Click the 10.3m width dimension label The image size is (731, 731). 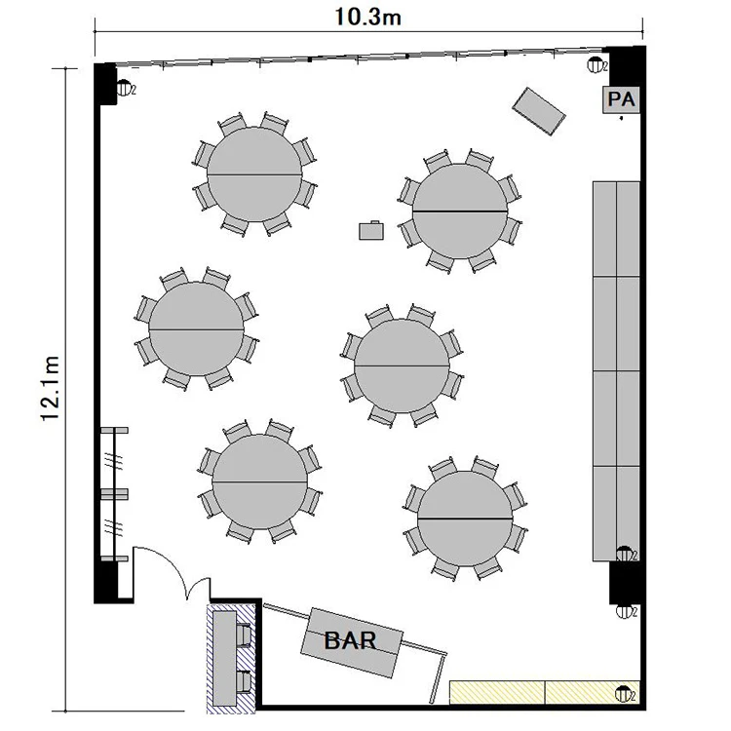(367, 18)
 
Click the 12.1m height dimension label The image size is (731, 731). (51, 388)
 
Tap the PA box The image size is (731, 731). (621, 99)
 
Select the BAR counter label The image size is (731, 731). (350, 640)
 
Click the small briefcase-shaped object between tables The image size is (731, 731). (371, 230)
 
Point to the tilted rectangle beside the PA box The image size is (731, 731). (538, 111)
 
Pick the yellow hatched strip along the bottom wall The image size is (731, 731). (545, 692)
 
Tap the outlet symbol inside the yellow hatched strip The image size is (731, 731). (624, 695)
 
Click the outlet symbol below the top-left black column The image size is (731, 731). (124, 88)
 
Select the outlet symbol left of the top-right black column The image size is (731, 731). (596, 64)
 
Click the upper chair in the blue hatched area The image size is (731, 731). (245, 635)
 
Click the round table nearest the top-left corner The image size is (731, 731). (254, 174)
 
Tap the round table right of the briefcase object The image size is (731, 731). (460, 212)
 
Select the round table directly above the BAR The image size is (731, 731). (259, 481)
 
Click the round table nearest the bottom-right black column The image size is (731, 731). (465, 519)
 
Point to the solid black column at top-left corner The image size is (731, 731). (105, 84)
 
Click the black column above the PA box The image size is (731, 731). (625, 66)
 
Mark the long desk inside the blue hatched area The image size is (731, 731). (225, 658)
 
